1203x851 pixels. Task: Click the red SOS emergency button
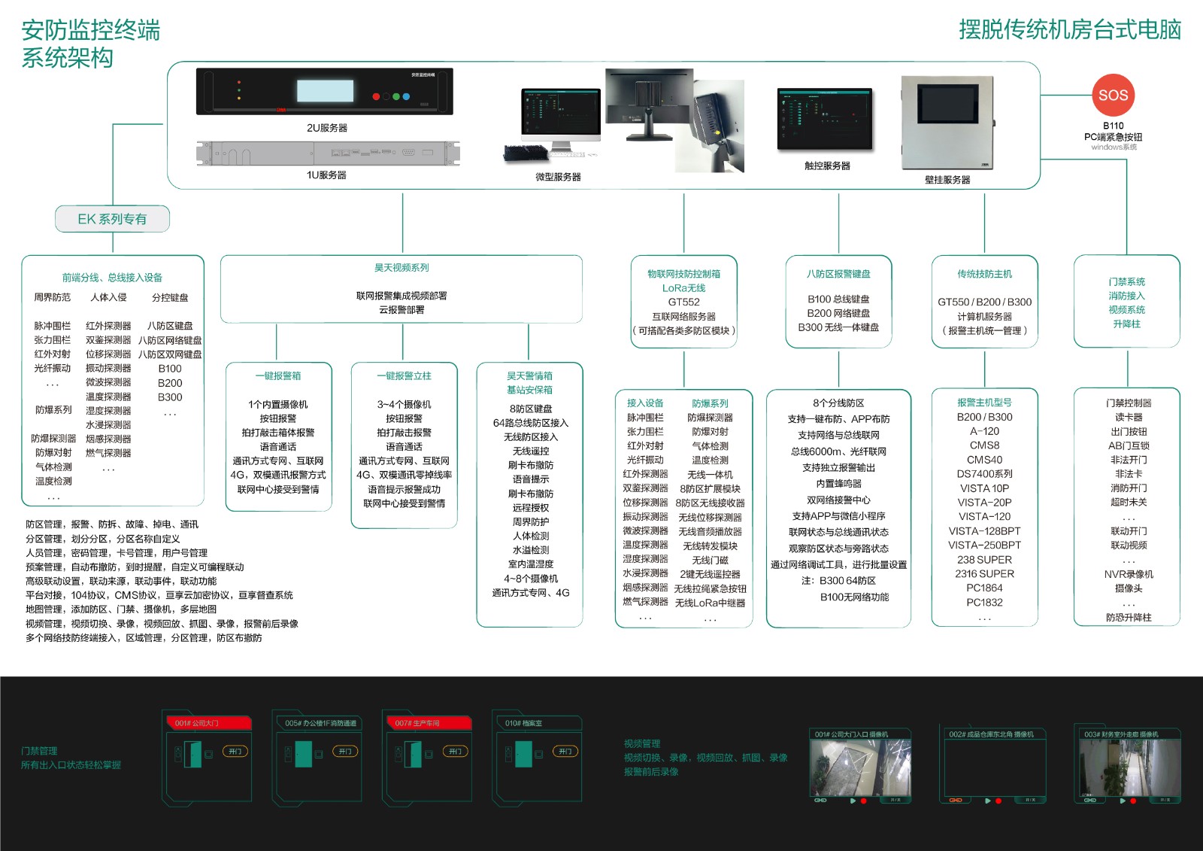click(1113, 95)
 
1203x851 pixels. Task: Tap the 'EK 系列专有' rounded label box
click(112, 219)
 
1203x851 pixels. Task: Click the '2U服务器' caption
click(327, 128)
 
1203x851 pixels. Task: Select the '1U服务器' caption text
click(326, 175)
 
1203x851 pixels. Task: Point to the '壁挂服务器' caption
click(947, 180)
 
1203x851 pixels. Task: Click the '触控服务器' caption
click(827, 166)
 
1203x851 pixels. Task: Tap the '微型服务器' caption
click(558, 177)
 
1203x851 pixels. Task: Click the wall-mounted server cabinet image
click(947, 124)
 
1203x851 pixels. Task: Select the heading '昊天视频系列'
click(402, 268)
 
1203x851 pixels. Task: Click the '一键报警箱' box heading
click(278, 375)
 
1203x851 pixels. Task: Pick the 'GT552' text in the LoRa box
click(683, 302)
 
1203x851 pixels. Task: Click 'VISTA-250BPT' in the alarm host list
click(984, 545)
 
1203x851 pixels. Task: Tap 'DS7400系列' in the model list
click(984, 474)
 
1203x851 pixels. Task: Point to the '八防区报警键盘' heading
click(838, 274)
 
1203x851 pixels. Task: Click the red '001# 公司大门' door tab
click(208, 723)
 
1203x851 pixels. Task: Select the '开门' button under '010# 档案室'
click(565, 751)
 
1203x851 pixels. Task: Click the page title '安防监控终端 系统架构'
click(90, 44)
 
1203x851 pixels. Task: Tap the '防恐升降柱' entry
click(1128, 617)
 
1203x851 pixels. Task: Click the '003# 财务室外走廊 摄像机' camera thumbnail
click(1129, 767)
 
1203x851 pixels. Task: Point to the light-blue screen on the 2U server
click(325, 91)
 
